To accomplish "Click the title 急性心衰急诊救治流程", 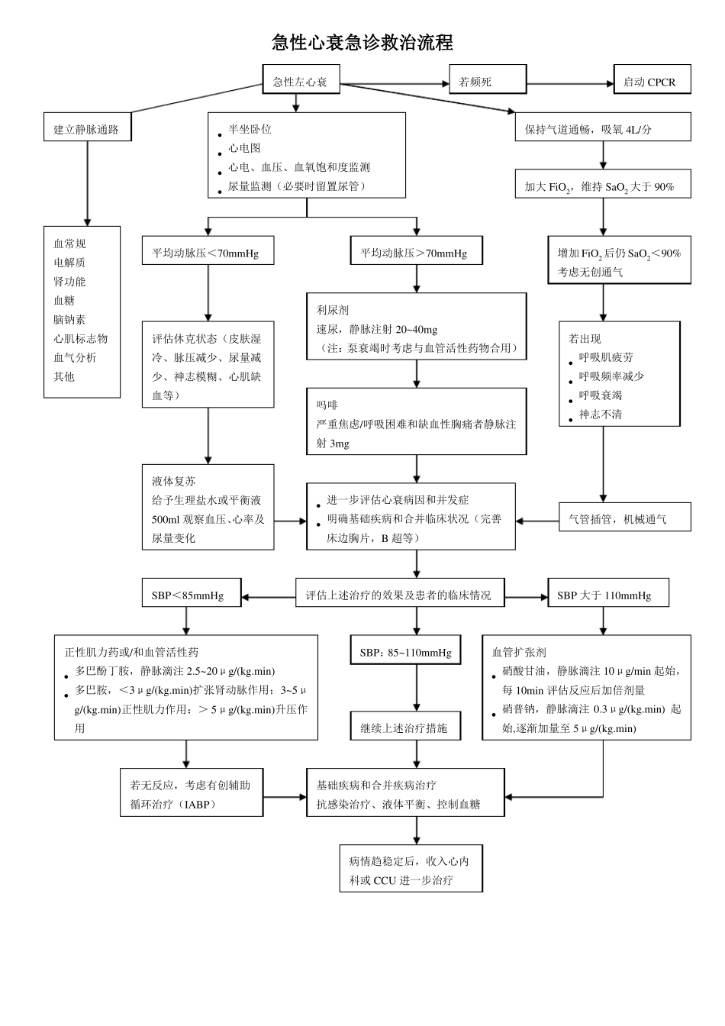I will (362, 43).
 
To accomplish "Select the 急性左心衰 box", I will (301, 82).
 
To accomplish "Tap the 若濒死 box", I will (488, 82).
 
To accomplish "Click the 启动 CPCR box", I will (651, 82).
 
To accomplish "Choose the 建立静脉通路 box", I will (86, 129).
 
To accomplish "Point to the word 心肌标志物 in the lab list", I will (80, 338).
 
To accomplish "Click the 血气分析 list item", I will (75, 357).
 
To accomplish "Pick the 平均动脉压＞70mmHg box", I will (416, 253).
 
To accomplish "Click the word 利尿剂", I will (333, 310).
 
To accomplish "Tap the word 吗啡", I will (327, 405).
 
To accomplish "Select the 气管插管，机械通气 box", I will (624, 519).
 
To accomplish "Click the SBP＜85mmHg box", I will (191, 595).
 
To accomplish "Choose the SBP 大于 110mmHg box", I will (607, 595).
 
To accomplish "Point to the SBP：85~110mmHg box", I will (405, 653).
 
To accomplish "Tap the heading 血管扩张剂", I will (519, 653).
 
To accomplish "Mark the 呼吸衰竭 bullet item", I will (600, 395).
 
